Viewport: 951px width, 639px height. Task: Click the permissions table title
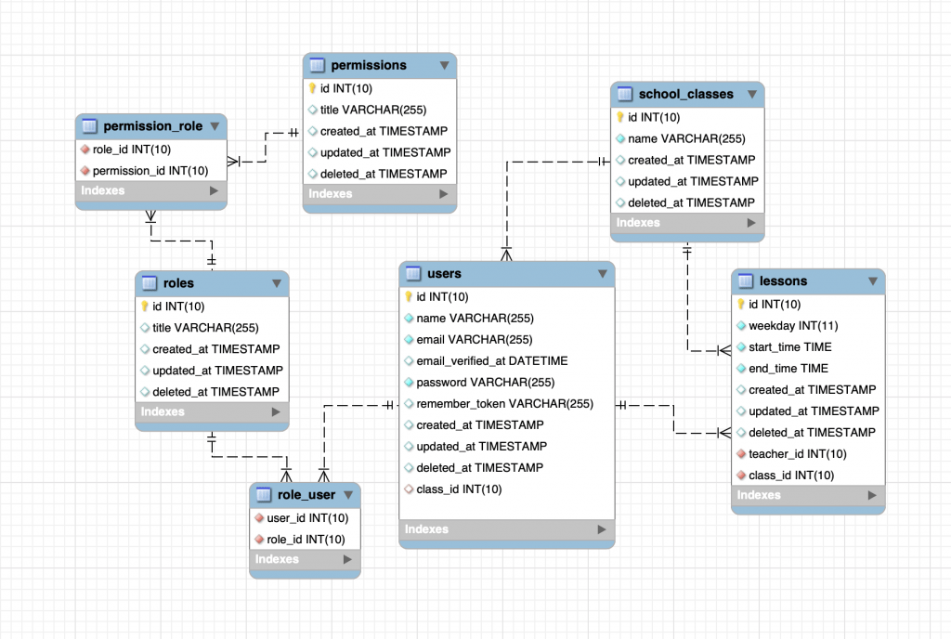tap(369, 65)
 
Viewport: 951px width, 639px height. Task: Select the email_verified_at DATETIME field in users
tap(491, 360)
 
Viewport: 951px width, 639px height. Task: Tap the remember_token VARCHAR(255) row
tap(504, 404)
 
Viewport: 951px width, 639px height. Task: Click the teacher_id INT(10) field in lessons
tap(797, 454)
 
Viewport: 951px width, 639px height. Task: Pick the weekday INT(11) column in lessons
tap(792, 326)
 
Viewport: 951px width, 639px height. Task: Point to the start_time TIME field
tap(789, 347)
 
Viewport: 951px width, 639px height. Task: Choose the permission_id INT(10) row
tap(150, 171)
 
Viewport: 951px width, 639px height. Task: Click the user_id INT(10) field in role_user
tap(306, 518)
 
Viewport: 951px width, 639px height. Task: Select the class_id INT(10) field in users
tap(459, 489)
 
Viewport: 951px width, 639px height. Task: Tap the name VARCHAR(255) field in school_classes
tap(686, 138)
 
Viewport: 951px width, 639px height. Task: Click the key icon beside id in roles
tap(145, 306)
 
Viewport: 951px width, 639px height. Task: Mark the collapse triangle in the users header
tap(603, 274)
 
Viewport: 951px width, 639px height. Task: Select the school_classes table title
tap(685, 95)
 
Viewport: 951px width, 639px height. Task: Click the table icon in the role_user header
tap(263, 495)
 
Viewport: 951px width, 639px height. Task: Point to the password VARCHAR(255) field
tap(485, 383)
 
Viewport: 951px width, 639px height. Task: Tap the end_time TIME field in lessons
tap(788, 369)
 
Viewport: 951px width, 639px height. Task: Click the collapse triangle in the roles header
tap(277, 283)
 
